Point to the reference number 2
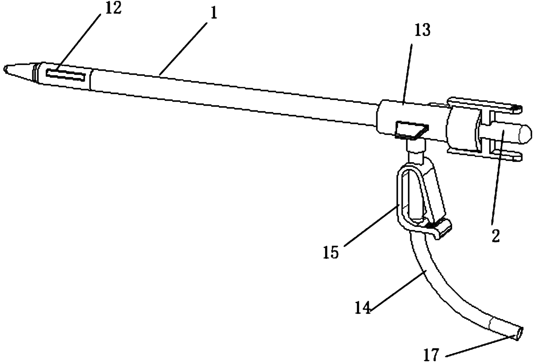click(495, 235)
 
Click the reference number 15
click(332, 251)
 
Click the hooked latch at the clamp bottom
click(441, 228)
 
